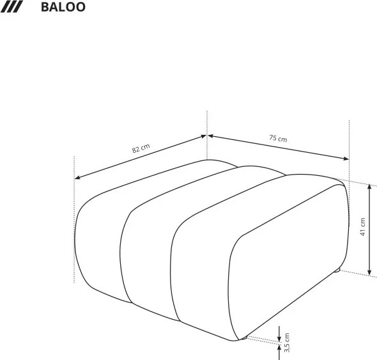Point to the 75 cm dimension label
click(x=278, y=138)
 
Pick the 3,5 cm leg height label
click(x=287, y=342)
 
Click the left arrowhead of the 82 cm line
click(x=77, y=177)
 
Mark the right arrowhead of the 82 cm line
click(x=204, y=136)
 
